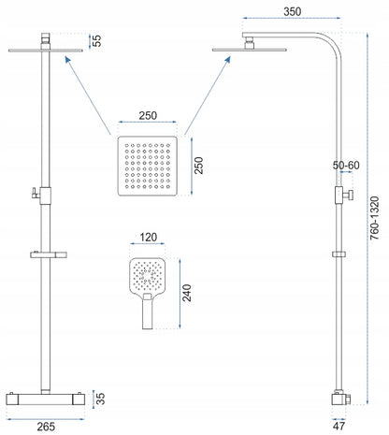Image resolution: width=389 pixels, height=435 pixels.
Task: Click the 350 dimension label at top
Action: (293, 11)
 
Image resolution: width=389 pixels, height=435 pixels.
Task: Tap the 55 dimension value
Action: (97, 40)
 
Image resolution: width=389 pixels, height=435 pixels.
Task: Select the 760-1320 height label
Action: (375, 218)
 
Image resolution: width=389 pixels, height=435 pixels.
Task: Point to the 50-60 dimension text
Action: (346, 166)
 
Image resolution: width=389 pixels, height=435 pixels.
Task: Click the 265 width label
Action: (46, 427)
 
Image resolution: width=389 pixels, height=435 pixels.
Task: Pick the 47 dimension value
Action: (339, 426)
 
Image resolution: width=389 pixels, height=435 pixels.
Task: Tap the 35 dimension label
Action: (100, 399)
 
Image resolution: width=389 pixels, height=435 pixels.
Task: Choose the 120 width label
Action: (148, 238)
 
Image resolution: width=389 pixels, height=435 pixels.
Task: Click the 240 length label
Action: (187, 293)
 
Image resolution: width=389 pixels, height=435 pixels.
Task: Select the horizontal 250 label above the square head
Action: (148, 116)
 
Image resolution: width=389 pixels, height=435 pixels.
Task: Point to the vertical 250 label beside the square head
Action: (198, 166)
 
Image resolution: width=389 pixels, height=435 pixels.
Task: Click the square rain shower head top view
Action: (148, 166)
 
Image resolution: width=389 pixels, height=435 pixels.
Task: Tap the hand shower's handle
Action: (147, 311)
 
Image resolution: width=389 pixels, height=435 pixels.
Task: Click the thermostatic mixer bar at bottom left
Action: (46, 399)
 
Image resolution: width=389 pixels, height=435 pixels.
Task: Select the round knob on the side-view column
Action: (348, 196)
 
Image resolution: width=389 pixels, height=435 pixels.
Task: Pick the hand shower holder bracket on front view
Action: (49, 254)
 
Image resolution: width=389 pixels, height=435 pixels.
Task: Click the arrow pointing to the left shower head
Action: (88, 95)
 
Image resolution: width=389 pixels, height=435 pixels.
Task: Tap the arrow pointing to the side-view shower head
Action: (208, 95)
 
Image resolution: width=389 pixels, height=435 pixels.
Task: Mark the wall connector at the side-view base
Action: (339, 399)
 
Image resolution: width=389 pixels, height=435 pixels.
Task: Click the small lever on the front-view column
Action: (36, 194)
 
